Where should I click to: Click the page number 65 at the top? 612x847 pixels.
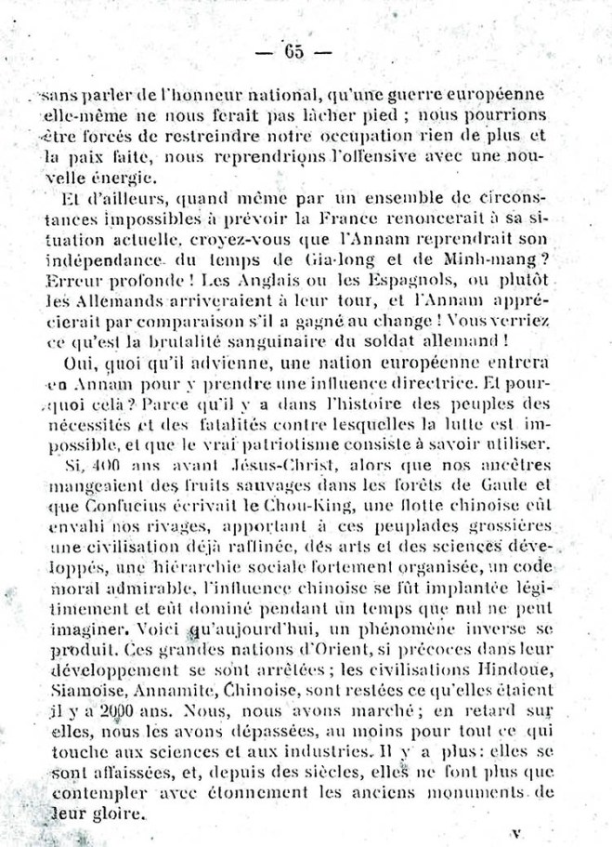pos(294,52)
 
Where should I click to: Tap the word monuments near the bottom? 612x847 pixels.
pos(476,793)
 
